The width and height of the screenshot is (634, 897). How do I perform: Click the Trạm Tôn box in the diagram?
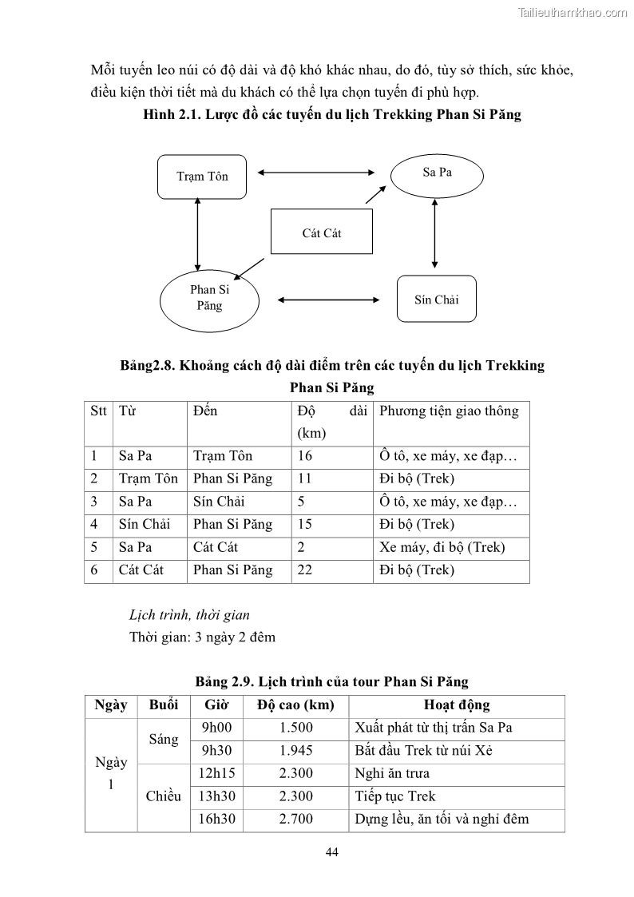(x=201, y=176)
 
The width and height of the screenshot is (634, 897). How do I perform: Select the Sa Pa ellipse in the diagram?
(x=436, y=173)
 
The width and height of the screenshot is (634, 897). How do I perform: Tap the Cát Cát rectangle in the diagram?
(x=322, y=233)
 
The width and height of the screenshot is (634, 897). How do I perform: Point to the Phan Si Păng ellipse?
(x=209, y=298)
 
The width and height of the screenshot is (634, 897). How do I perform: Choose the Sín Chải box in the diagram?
(x=436, y=300)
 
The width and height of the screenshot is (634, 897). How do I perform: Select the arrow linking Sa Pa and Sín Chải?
(x=434, y=234)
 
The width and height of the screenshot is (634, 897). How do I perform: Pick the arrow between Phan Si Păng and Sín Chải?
(x=327, y=300)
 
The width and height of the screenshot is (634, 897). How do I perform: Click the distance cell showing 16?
(x=305, y=456)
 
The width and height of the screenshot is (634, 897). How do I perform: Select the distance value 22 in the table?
(x=305, y=570)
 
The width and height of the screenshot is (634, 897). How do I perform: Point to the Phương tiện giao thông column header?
(x=449, y=411)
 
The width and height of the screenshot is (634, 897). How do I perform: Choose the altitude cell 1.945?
(x=296, y=751)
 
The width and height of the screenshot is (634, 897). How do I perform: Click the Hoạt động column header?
(x=456, y=706)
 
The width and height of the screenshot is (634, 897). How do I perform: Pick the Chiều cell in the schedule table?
(x=164, y=796)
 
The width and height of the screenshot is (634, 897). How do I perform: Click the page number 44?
(x=333, y=852)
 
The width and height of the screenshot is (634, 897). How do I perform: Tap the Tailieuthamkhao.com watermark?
(x=573, y=12)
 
